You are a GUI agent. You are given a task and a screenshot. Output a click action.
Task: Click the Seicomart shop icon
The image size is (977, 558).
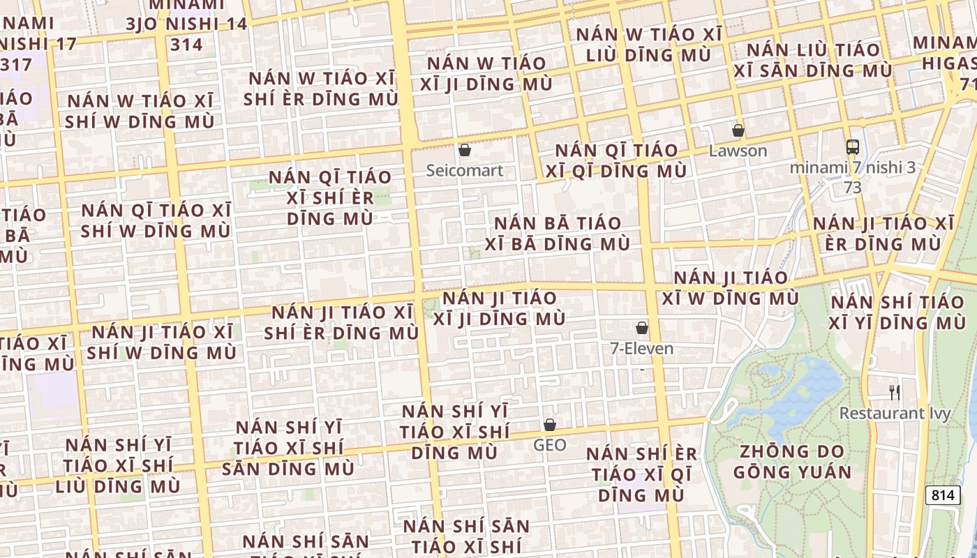465,150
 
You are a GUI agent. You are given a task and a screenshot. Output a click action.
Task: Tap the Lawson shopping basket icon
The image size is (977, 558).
738,130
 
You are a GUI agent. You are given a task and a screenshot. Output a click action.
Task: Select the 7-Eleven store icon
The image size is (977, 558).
642,328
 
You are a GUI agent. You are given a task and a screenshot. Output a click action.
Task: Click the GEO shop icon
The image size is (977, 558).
550,425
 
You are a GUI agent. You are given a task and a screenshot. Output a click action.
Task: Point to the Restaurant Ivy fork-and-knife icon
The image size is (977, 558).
895,392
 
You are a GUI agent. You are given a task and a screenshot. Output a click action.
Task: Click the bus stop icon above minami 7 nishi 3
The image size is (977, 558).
853,146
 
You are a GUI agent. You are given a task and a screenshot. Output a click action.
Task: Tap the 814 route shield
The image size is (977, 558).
942,495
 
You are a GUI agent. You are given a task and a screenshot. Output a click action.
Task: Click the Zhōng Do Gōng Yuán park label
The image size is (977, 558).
793,462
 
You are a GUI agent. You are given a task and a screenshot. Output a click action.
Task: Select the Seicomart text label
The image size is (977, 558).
465,170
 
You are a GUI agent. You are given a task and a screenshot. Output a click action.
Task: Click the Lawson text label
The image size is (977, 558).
738,151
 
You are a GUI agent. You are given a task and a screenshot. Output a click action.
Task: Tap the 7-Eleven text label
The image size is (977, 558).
642,349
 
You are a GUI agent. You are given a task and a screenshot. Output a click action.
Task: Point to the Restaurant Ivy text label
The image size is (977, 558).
895,413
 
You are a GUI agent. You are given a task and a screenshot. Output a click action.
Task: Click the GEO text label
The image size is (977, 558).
550,445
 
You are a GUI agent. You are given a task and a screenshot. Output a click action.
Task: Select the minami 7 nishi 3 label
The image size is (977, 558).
853,167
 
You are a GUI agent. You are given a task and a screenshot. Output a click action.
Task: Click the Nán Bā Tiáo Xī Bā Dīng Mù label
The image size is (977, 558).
558,234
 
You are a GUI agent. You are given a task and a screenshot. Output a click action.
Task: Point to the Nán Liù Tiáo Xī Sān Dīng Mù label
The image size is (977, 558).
813,60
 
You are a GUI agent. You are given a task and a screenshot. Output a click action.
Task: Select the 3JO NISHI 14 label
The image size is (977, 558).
186,24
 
